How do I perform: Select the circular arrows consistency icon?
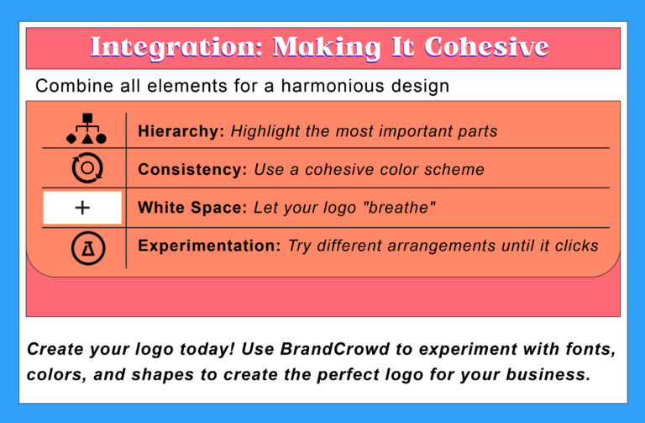click(x=86, y=168)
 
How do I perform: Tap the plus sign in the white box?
click(x=82, y=208)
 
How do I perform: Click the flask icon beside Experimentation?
click(x=86, y=246)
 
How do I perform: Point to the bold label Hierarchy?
click(x=181, y=131)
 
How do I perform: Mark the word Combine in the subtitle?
click(x=66, y=86)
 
